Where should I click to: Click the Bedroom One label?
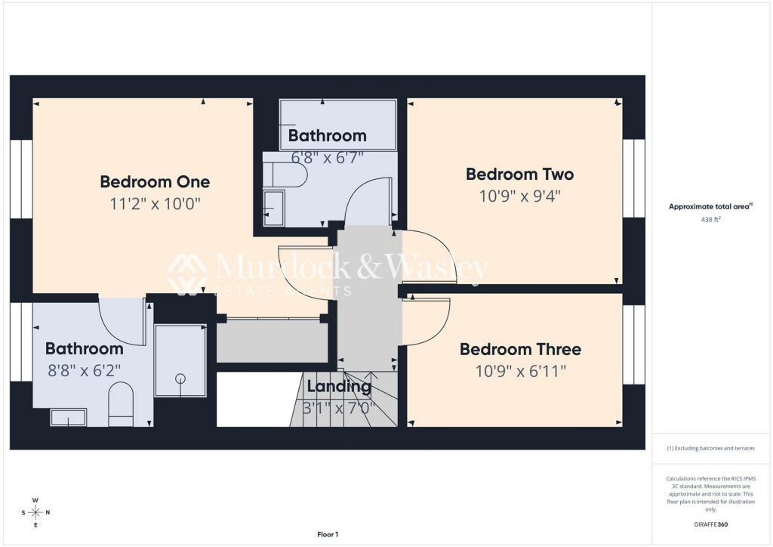[155, 181]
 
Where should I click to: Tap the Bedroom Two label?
[519, 174]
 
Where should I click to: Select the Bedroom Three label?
[520, 349]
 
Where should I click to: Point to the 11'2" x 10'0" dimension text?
[155, 203]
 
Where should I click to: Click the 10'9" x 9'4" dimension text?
[520, 196]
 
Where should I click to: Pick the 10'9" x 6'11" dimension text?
[521, 371]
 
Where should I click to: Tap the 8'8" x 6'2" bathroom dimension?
[84, 370]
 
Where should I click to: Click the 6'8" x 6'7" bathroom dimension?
[328, 157]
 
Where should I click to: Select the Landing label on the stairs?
[339, 387]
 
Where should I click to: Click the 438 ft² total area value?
[710, 220]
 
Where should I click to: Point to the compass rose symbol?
[35, 512]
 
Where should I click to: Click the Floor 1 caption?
[328, 534]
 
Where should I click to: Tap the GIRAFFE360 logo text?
[710, 524]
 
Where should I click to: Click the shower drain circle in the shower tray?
[181, 379]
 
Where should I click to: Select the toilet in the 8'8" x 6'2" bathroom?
[121, 404]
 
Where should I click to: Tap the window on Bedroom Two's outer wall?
[633, 178]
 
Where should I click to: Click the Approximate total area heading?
[710, 207]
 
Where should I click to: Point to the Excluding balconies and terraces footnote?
[710, 448]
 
